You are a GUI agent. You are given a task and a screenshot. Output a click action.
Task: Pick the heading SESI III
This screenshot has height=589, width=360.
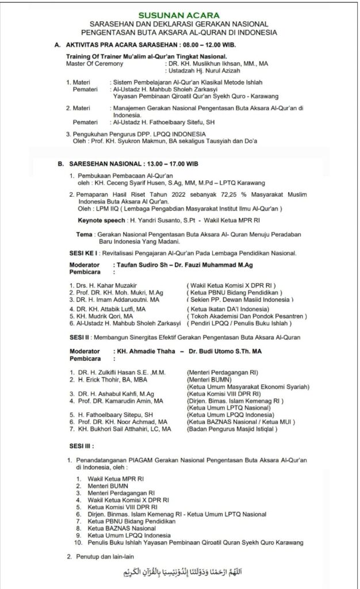pyautogui.click(x=81, y=445)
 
